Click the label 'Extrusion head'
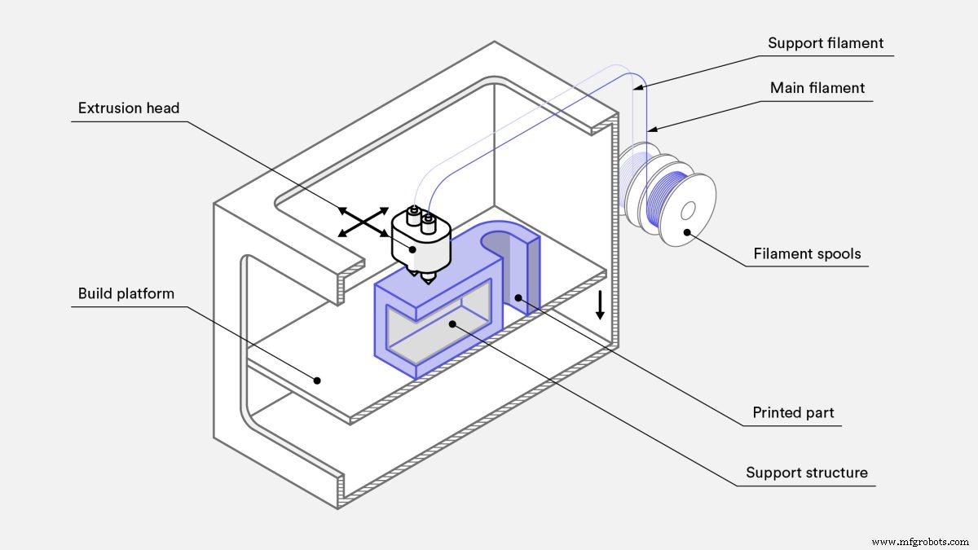[x=129, y=108]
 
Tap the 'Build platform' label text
[x=126, y=293]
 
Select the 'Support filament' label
[x=826, y=42]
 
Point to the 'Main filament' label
[x=817, y=87]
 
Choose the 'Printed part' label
[x=793, y=413]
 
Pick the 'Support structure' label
[x=807, y=473]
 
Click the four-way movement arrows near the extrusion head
[x=363, y=221]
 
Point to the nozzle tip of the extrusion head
[x=428, y=283]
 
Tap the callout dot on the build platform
[x=319, y=379]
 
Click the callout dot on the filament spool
[x=687, y=232]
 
